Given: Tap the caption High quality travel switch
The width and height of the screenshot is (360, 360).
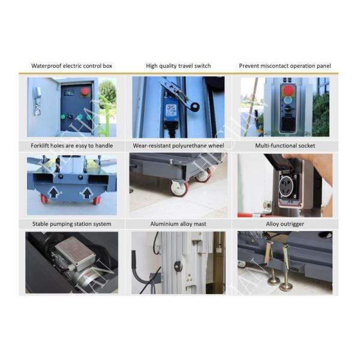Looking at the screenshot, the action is (178, 66).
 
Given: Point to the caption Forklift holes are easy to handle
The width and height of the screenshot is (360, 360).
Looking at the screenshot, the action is (72, 146).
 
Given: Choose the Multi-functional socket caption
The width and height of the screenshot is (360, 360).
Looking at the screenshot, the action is (285, 146).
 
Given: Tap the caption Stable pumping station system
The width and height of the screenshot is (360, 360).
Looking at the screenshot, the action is (71, 224).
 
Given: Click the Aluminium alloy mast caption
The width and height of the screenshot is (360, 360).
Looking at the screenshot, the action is (178, 224).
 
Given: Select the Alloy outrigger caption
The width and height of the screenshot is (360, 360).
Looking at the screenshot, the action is (285, 224).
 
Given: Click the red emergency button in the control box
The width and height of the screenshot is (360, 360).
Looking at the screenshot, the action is (85, 91).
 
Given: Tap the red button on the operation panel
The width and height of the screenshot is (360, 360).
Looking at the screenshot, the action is (288, 90).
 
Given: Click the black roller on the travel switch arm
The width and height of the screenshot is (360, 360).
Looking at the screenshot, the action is (196, 106).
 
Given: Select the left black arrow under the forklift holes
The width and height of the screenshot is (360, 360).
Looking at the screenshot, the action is (54, 193).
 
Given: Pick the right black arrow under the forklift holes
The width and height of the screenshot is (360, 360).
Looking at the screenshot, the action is (86, 193).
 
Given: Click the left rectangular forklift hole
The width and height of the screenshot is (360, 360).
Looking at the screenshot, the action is (43, 178).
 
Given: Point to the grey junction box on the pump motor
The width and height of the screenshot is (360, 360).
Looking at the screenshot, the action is (75, 253).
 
